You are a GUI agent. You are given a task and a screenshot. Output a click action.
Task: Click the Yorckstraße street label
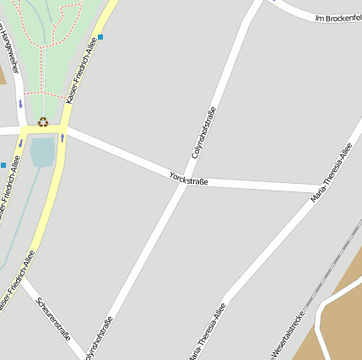(188, 177)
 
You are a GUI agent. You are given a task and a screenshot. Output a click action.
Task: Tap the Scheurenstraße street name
(52, 317)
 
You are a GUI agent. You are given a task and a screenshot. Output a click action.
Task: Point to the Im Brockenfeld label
(338, 17)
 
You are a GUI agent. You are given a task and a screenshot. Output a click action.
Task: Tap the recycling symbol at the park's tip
(42, 121)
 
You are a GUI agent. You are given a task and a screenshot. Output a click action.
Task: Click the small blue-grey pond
(41, 153)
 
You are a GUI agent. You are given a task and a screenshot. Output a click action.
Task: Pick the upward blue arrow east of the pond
(62, 137)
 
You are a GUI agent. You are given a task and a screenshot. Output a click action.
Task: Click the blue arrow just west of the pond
(21, 143)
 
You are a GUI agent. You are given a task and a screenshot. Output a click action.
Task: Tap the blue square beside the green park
(100, 37)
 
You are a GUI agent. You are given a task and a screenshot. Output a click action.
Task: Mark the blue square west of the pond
(3, 164)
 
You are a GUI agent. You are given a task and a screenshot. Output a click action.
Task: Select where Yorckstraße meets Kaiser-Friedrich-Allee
(64, 129)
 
